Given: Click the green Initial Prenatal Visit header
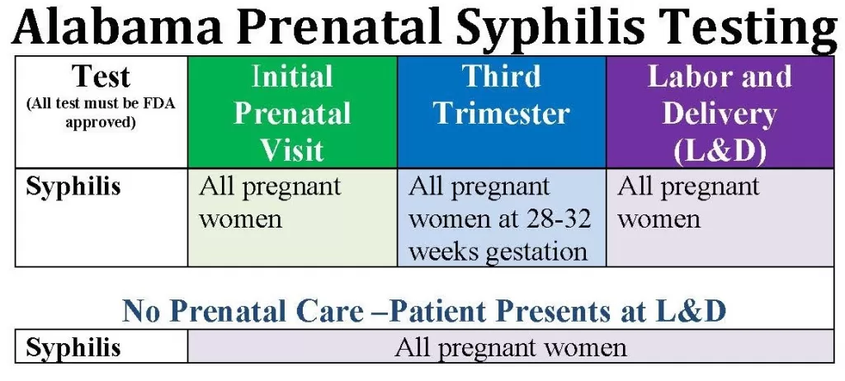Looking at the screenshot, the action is click(293, 112).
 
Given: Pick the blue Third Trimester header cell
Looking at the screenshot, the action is click(502, 112).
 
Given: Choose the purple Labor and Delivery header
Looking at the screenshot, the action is click(720, 112).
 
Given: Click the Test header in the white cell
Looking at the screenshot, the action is click(101, 76).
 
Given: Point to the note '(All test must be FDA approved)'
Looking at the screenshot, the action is click(101, 112).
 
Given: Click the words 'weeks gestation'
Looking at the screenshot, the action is click(498, 252).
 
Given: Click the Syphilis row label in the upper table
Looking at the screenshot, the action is click(73, 188).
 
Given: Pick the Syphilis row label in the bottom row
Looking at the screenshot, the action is click(73, 347).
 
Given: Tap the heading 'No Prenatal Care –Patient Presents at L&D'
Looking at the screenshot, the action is click(424, 310).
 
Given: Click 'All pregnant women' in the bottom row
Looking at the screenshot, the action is click(510, 348).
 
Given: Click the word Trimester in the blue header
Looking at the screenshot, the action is click(502, 113).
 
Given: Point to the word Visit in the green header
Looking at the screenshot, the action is click(293, 151).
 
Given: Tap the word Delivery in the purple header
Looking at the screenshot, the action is click(720, 113).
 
